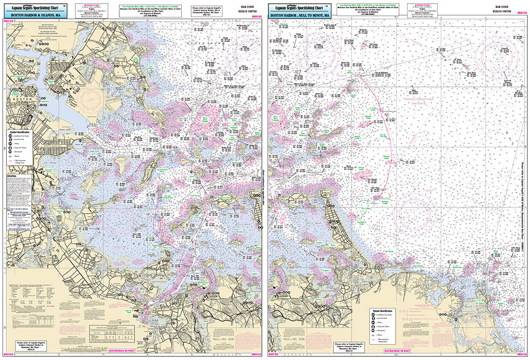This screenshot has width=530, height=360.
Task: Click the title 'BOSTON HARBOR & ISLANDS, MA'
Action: pyautogui.click(x=37, y=15)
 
